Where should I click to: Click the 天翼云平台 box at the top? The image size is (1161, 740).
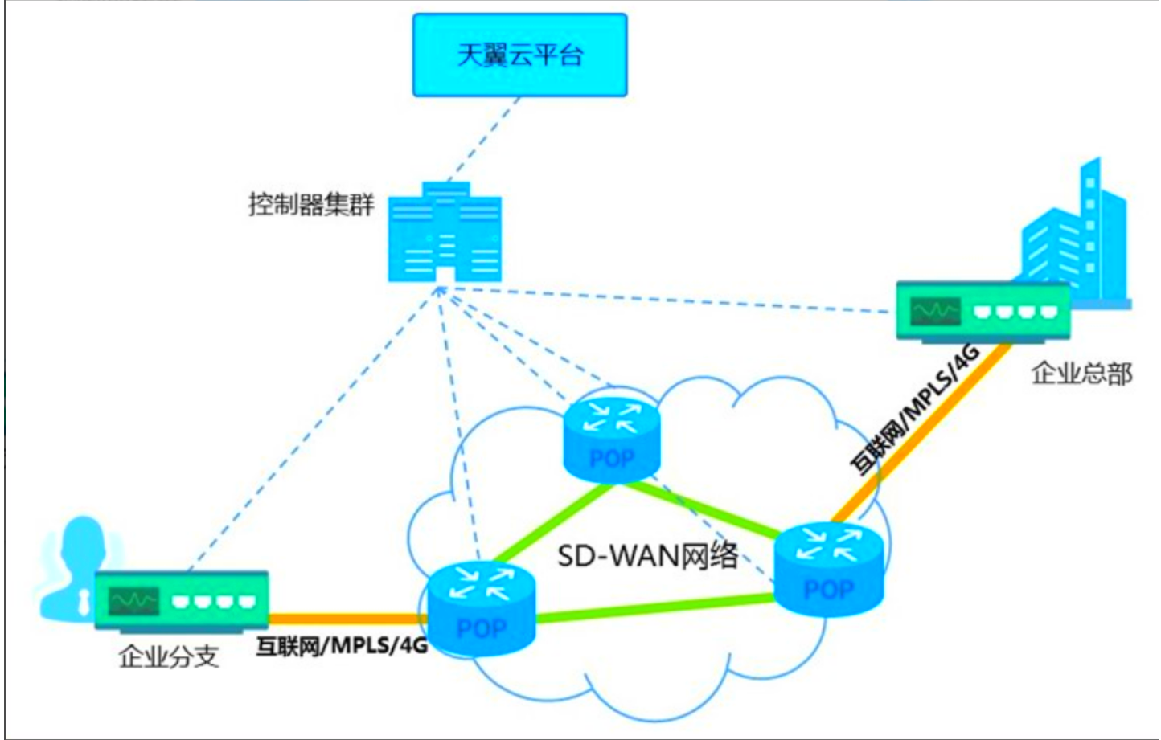(519, 55)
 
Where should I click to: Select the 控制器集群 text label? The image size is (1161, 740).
(311, 204)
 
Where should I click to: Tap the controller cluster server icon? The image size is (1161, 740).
(445, 233)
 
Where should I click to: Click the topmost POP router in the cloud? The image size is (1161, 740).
(611, 439)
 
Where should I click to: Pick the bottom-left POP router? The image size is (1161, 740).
(481, 608)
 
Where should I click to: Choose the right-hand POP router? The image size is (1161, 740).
(828, 569)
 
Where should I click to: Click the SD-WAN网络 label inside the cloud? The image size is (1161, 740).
(647, 555)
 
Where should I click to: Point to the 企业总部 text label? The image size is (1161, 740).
(1081, 374)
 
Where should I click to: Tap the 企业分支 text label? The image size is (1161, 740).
(168, 656)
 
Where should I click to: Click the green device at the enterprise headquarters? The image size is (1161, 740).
(983, 311)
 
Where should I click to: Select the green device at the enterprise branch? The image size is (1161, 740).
(182, 599)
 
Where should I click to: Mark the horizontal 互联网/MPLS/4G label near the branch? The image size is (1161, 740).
(342, 645)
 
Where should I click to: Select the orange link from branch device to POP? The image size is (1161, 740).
(346, 619)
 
